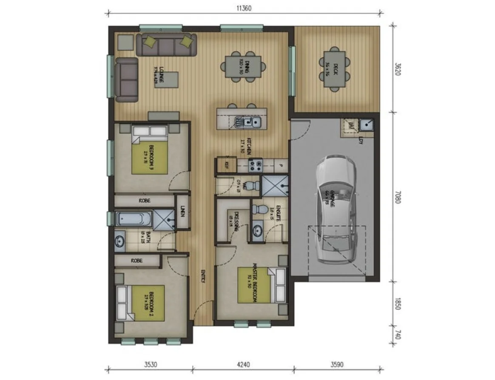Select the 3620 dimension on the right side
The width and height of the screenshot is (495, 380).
coord(398,69)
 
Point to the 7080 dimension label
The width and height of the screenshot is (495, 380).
coord(398,196)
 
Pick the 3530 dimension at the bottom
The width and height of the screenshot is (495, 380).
coord(149,364)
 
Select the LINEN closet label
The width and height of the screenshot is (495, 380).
coord(183,211)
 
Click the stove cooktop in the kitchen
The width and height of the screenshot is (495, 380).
coord(255,164)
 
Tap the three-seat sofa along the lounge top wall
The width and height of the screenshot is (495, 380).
coord(167,45)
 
